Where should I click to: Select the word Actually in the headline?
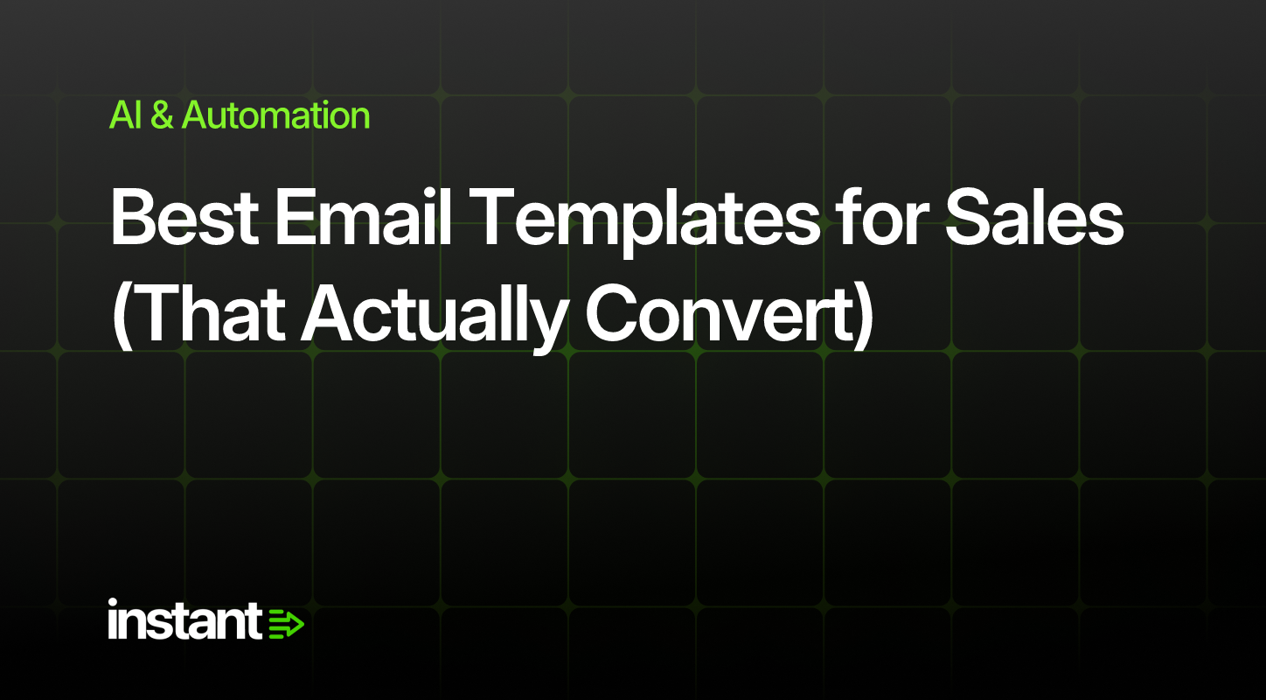point(435,318)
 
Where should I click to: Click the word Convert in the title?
point(719,314)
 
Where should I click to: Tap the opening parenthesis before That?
point(122,317)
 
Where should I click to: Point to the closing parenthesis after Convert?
point(863,317)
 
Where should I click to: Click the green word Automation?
point(275,115)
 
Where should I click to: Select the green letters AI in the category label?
point(125,115)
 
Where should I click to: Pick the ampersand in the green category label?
point(162,115)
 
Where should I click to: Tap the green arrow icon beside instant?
point(286,624)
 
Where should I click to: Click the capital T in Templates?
point(490,218)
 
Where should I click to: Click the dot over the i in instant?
point(113,603)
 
